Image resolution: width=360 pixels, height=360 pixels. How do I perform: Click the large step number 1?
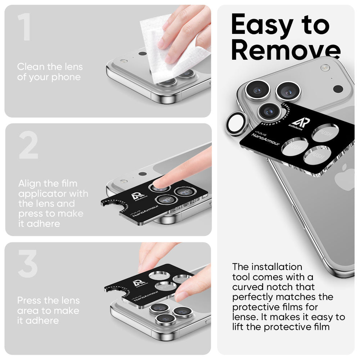tap(24, 28)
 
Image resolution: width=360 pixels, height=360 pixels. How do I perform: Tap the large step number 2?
tap(28, 146)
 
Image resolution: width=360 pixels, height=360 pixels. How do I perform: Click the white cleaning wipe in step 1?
tap(169, 54)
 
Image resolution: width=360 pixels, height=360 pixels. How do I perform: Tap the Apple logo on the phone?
tap(344, 177)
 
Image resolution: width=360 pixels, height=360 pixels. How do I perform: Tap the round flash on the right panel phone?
tap(325, 68)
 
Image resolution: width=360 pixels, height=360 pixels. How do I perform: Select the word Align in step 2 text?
tap(30, 184)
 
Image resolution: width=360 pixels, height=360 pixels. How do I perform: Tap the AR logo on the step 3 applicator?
tap(138, 283)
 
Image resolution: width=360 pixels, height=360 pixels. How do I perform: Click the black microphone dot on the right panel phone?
tap(338, 89)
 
